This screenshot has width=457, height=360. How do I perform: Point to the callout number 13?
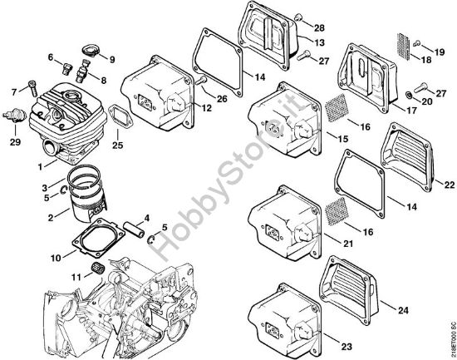click(319, 41)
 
